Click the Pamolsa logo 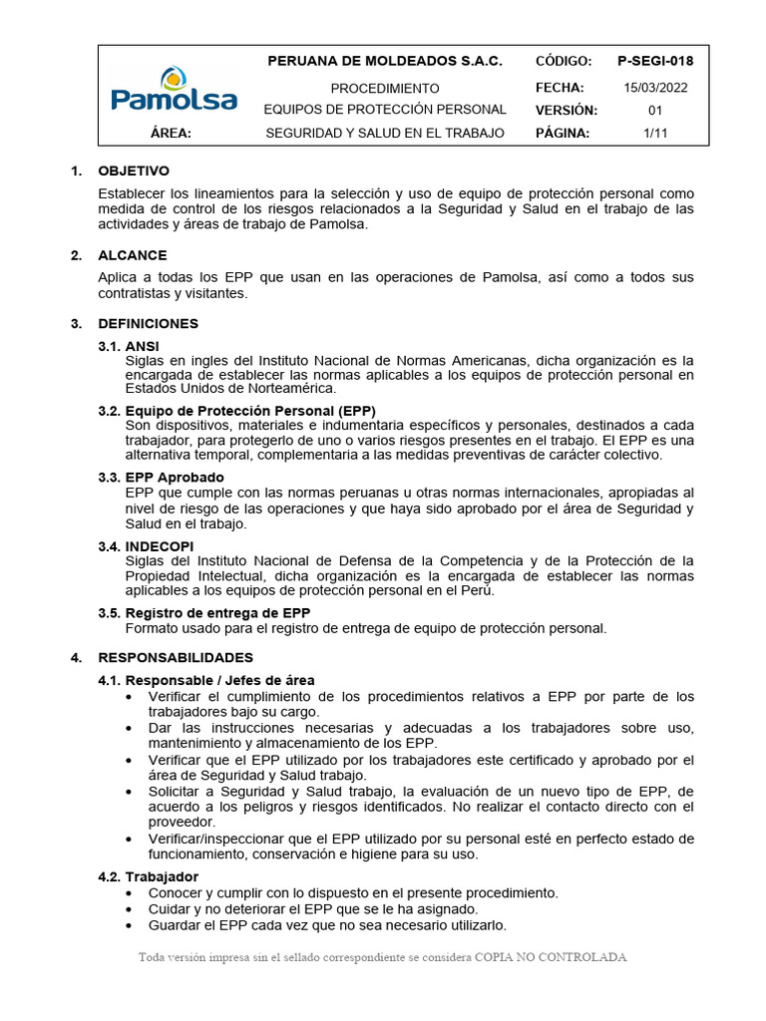[174, 90]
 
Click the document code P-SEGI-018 [655, 61]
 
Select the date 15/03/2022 [655, 87]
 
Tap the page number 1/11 [655, 133]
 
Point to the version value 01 [655, 110]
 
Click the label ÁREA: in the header [171, 133]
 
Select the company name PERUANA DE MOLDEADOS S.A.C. [385, 61]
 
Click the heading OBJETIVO [134, 170]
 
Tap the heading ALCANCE [133, 255]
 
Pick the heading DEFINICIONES [148, 323]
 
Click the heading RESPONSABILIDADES [176, 657]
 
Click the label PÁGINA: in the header [563, 133]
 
